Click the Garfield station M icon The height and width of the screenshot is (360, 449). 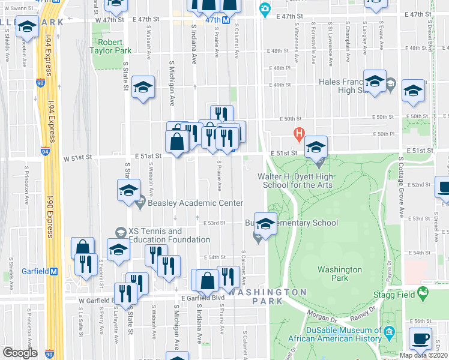click(x=53, y=271)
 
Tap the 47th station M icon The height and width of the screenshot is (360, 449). click(x=226, y=20)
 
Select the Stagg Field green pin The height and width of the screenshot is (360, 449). click(x=424, y=293)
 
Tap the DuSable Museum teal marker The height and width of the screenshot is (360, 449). click(x=389, y=332)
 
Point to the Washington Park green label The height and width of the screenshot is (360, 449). click(x=339, y=274)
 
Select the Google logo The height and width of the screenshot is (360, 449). click(x=20, y=352)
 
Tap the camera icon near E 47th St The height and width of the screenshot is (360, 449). click(x=264, y=9)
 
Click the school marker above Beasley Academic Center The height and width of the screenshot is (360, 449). click(x=128, y=191)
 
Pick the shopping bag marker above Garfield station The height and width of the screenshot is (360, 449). click(x=82, y=247)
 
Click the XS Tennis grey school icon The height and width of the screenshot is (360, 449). click(x=121, y=232)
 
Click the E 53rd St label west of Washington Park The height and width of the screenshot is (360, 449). click(x=213, y=223)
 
